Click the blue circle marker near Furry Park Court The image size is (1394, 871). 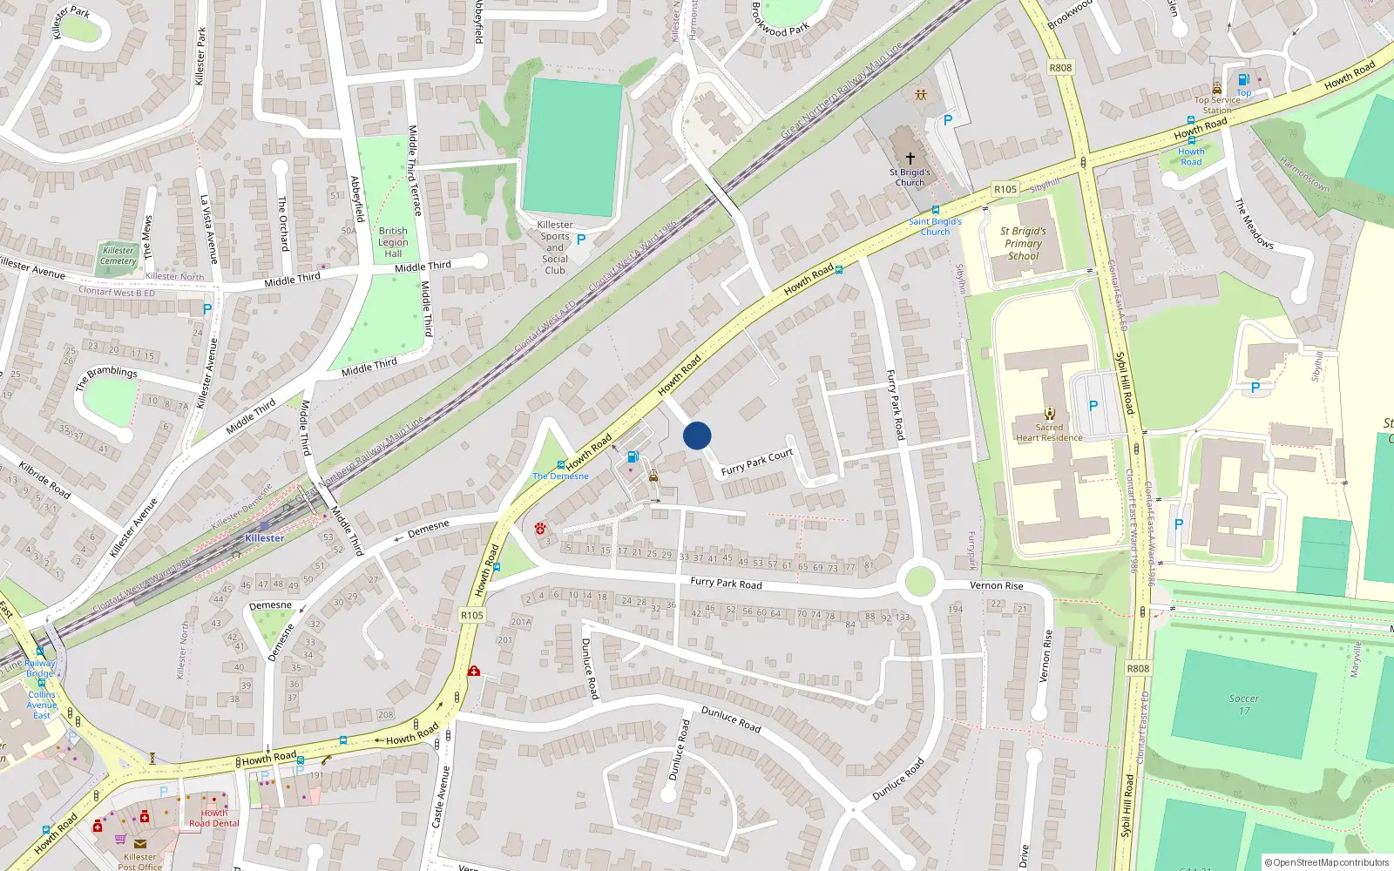(x=697, y=435)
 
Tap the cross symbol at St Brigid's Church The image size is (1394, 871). (x=910, y=159)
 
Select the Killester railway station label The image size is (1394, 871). (x=264, y=538)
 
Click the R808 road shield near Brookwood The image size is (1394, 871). (x=1060, y=68)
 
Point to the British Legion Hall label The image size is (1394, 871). (x=393, y=242)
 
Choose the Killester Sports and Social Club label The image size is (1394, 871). (x=555, y=247)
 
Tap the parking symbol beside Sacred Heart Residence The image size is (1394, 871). (x=1093, y=406)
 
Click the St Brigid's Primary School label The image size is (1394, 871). (x=1023, y=244)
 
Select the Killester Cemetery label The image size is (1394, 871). (x=118, y=255)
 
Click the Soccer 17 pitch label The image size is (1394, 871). (x=1243, y=704)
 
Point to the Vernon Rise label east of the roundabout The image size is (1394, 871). (x=997, y=585)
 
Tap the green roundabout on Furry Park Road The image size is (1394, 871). (x=920, y=582)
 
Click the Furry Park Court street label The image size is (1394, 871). (x=757, y=462)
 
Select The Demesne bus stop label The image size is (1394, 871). (x=560, y=476)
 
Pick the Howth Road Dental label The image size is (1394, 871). (x=213, y=818)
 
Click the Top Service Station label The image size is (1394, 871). (x=1217, y=105)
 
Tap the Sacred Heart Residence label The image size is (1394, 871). (x=1049, y=433)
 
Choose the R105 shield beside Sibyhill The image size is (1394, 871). (x=1005, y=189)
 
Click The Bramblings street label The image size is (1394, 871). (x=106, y=377)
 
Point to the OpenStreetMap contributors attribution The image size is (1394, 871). (x=1327, y=862)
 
